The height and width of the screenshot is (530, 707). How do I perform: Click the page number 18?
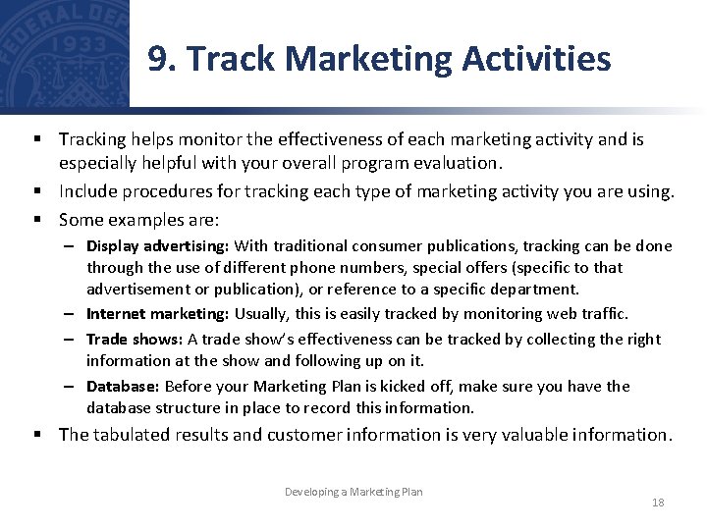tap(658, 503)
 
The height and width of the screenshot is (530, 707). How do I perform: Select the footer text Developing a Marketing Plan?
tap(353, 491)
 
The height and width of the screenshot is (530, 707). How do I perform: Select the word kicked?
tap(394, 386)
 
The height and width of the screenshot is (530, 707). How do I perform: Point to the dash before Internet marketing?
tap(74, 314)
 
